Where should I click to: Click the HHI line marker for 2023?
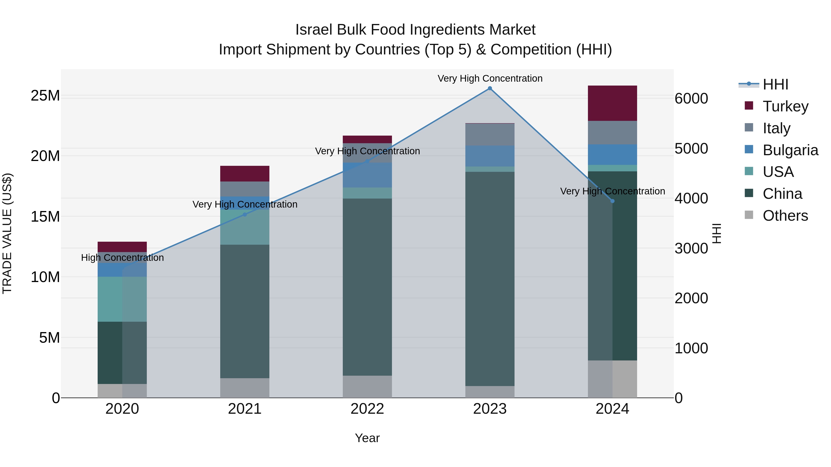[490, 88]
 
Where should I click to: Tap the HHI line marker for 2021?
[244, 214]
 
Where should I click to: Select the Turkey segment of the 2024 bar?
[612, 103]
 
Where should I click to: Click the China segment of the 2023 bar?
[490, 279]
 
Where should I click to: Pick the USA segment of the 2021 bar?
[244, 227]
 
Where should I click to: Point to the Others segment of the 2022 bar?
[367, 387]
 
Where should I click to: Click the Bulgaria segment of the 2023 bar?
[490, 156]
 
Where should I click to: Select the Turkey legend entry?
[785, 106]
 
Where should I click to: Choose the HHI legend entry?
[775, 84]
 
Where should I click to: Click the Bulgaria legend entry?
[790, 150]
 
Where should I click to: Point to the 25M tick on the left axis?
[45, 96]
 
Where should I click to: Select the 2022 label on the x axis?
[367, 409]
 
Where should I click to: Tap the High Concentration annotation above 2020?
[122, 258]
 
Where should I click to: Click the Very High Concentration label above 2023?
[490, 78]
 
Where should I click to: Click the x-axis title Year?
[367, 438]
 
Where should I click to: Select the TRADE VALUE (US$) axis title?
[7, 233]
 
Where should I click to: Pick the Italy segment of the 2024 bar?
[612, 132]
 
